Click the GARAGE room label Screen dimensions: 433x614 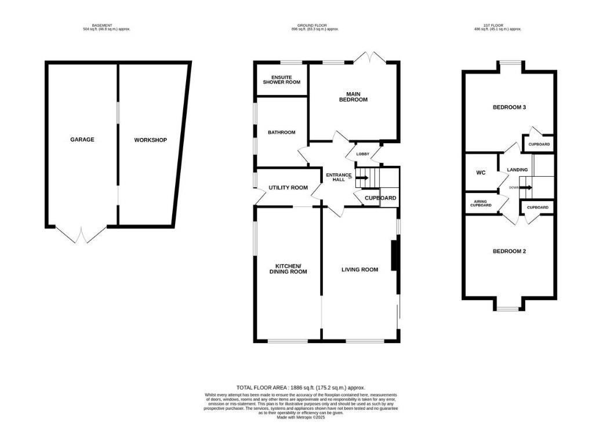click(x=82, y=140)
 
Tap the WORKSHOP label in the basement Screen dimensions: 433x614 click(x=150, y=140)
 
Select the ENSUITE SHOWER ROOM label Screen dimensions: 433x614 click(x=282, y=80)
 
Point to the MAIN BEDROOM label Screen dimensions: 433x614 click(x=353, y=97)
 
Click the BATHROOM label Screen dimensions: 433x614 click(x=281, y=133)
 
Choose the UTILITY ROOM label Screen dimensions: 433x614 click(x=288, y=188)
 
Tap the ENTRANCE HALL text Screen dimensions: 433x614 click(x=339, y=177)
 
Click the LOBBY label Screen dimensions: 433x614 click(x=362, y=154)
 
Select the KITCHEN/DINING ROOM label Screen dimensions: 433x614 click(x=288, y=269)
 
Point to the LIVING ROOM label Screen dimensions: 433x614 click(x=359, y=270)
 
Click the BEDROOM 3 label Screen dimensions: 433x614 click(x=509, y=107)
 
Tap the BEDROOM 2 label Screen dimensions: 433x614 click(x=509, y=251)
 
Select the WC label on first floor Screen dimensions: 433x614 click(x=481, y=173)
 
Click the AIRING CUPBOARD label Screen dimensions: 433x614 click(x=481, y=203)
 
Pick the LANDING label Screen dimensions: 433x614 click(x=517, y=170)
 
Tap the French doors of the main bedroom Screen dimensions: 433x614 click(x=370, y=57)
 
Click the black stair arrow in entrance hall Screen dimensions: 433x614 click(x=361, y=178)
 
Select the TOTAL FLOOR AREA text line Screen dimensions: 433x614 click(x=300, y=388)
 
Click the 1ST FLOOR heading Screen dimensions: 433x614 click(x=498, y=26)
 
